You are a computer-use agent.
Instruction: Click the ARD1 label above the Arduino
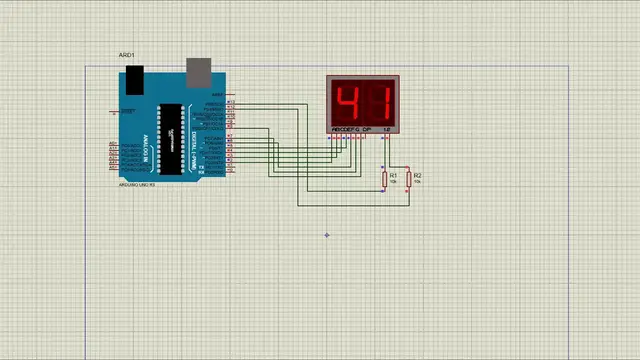126,55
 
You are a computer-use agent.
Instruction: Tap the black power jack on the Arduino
133,79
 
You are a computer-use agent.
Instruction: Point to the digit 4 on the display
349,103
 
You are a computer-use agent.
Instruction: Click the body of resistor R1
384,180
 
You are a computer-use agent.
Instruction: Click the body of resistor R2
408,181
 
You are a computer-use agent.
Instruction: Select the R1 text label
394,175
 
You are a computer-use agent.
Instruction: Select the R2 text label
418,176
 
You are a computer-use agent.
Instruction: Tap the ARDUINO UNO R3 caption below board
137,185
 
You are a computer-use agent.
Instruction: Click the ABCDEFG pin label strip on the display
345,130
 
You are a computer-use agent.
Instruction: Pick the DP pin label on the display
367,130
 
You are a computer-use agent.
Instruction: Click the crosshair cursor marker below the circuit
327,236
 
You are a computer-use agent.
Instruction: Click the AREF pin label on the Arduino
217,94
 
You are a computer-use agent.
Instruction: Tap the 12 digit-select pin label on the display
386,130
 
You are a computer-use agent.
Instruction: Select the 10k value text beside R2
418,183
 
